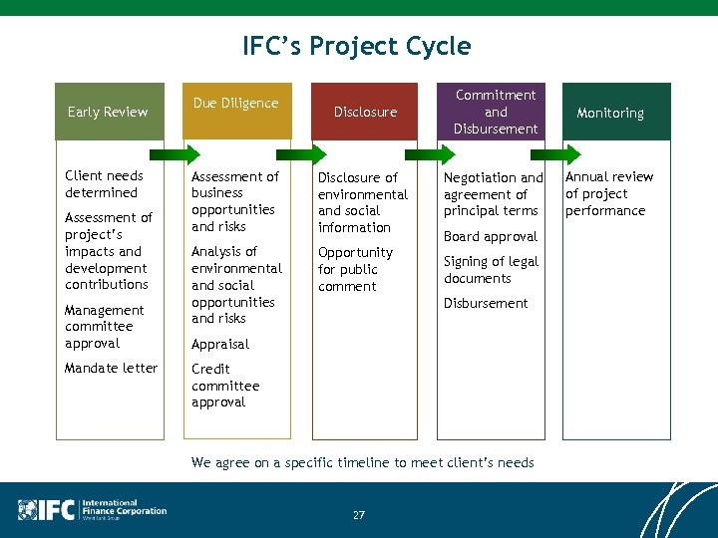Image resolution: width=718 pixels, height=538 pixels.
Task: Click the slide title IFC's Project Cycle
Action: (356, 46)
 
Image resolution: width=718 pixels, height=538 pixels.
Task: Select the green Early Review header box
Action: (108, 112)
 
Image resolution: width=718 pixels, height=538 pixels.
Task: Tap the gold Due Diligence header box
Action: (235, 110)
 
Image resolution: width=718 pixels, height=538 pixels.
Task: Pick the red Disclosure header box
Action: (365, 112)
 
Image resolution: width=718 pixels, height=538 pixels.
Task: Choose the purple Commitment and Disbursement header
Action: (495, 112)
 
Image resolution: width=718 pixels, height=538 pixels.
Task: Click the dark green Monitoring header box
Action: (610, 113)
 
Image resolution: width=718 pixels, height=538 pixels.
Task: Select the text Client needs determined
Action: (104, 184)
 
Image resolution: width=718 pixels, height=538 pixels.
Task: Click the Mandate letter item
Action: (111, 368)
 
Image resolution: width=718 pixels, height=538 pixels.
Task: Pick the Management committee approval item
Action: (105, 327)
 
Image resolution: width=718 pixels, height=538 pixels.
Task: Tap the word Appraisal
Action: (220, 344)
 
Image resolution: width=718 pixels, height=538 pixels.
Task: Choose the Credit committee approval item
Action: (225, 386)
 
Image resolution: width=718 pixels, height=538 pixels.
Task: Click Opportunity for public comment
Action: (355, 269)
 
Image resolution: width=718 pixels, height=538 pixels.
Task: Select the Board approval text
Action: (490, 236)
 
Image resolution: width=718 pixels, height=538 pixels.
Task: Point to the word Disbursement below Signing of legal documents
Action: (486, 303)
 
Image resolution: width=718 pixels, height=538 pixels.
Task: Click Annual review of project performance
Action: (608, 193)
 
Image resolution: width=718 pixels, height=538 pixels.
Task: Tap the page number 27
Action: (358, 515)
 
